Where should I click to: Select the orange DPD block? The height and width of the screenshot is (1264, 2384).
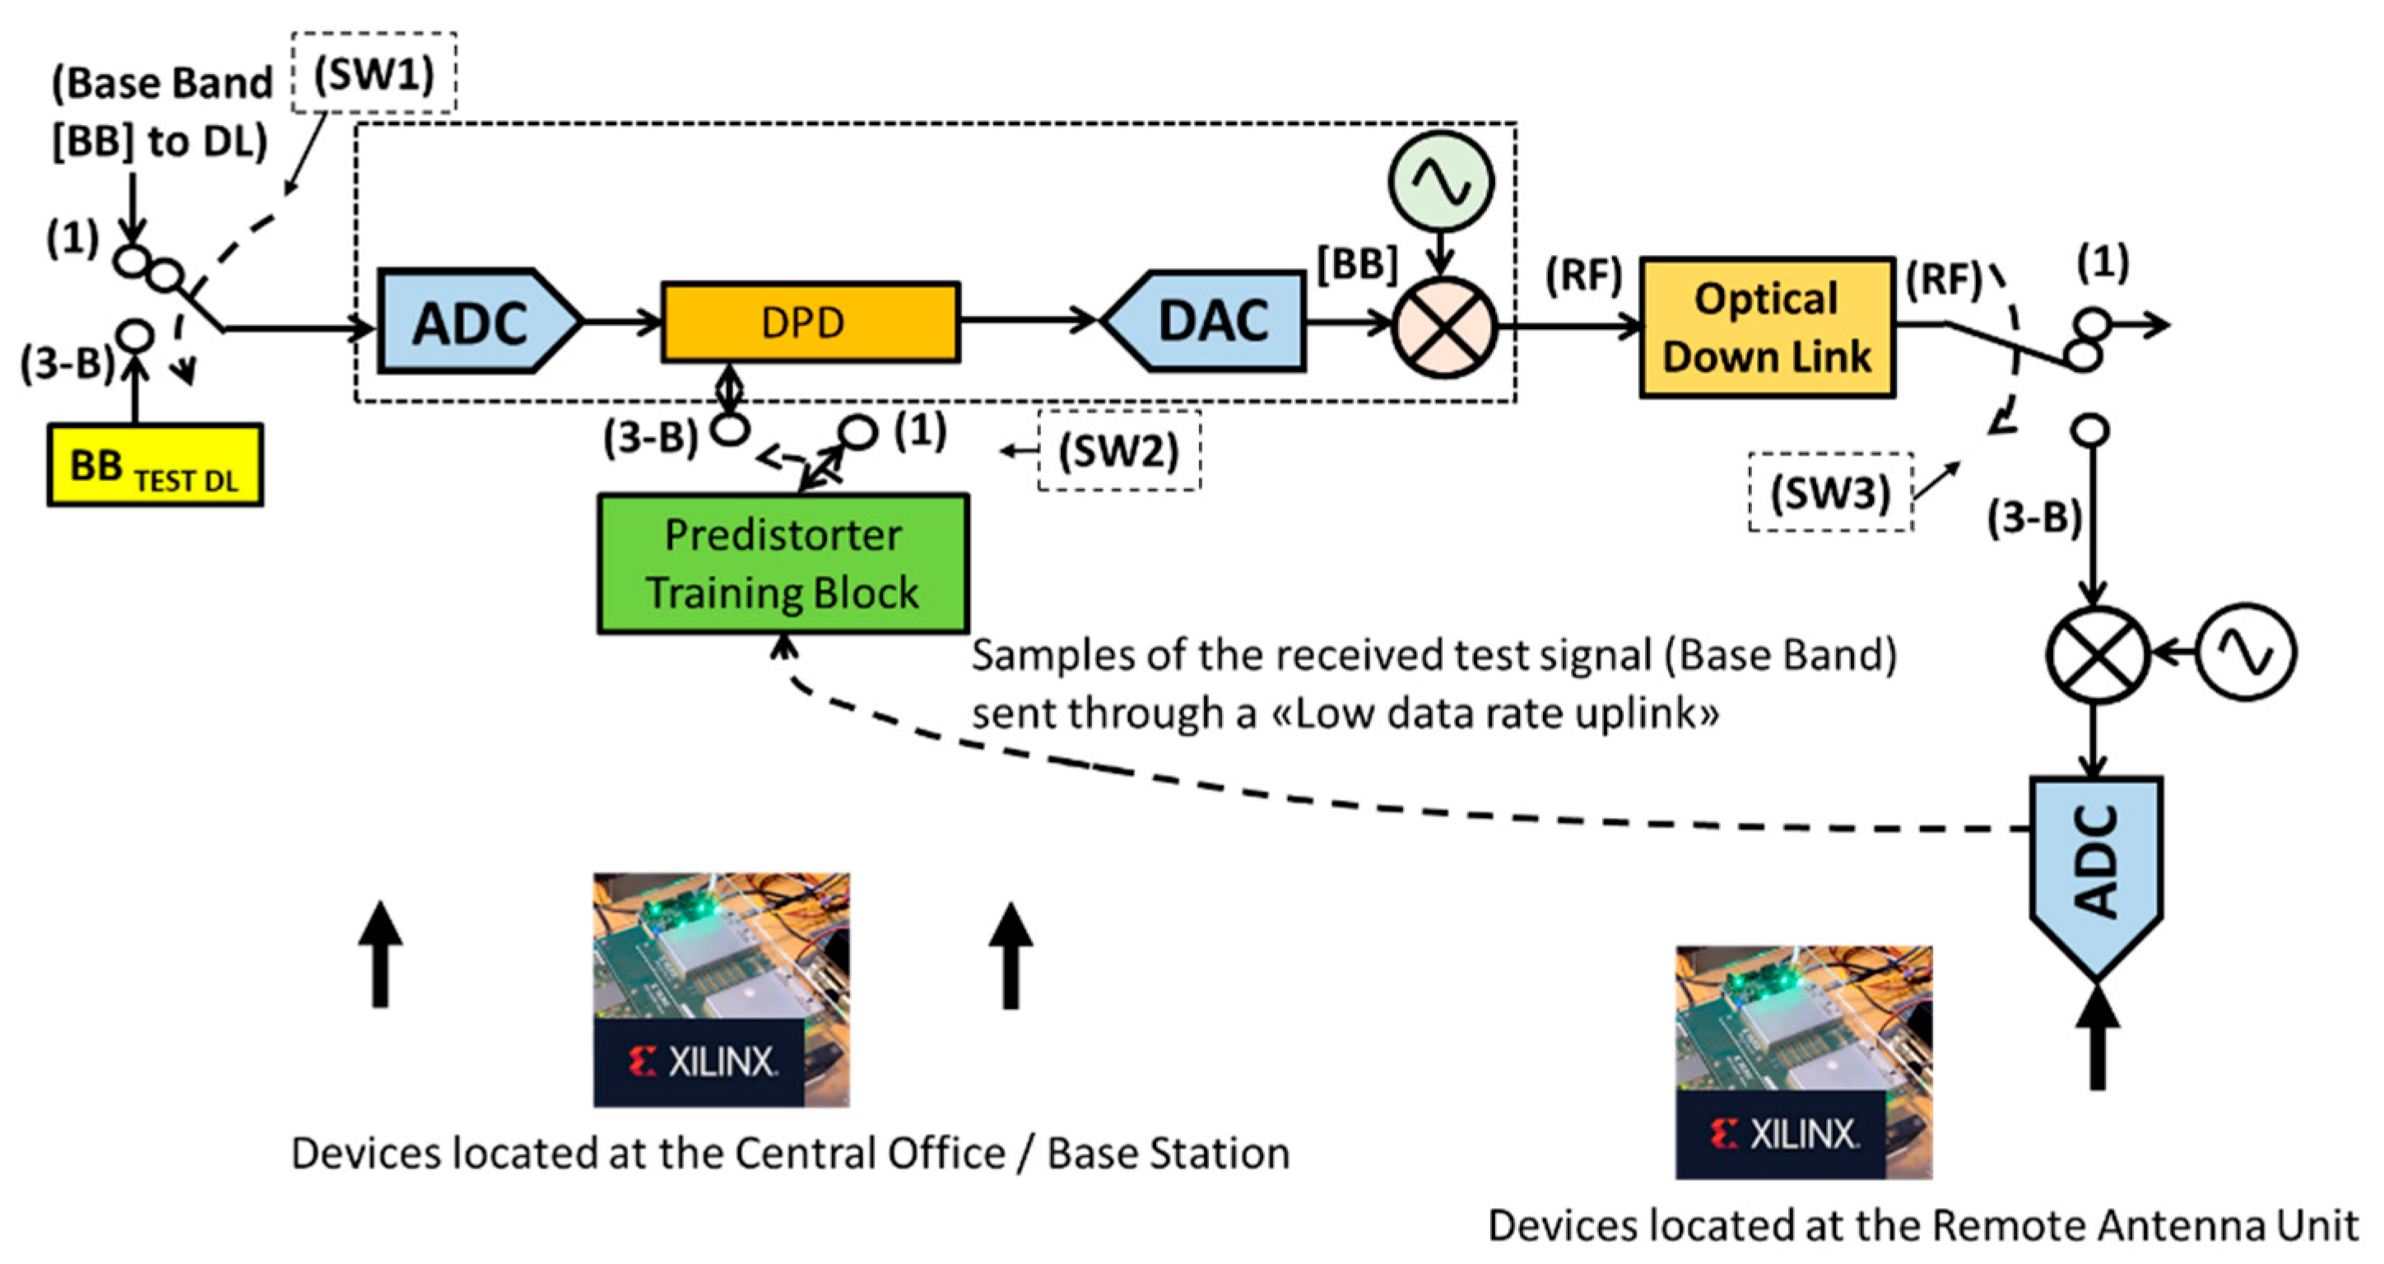click(x=810, y=322)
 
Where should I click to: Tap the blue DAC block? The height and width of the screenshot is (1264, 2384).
click(x=1208, y=322)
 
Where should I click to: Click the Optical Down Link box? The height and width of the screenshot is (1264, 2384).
click(x=1767, y=328)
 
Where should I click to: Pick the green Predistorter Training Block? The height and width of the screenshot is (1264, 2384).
click(x=783, y=564)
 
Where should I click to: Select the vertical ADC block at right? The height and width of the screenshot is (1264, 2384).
click(x=2096, y=870)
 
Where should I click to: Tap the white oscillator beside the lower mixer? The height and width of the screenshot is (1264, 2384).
click(x=2246, y=653)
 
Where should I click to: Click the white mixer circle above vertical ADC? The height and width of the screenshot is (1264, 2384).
click(x=2096, y=654)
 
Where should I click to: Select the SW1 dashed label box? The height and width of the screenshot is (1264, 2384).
click(x=374, y=73)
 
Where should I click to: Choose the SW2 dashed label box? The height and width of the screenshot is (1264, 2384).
click(x=1118, y=452)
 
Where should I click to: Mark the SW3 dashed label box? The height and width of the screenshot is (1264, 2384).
click(x=1829, y=492)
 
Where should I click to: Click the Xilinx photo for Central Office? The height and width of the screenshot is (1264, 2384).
click(x=721, y=989)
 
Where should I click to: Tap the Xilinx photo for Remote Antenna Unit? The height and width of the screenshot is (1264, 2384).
click(x=1803, y=1062)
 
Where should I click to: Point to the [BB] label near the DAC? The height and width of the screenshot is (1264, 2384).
click(x=1357, y=266)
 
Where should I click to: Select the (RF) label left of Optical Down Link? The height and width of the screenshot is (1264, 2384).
click(x=1583, y=275)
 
